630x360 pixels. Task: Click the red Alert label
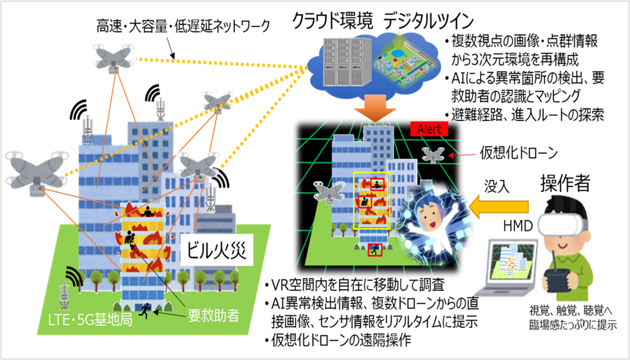430,129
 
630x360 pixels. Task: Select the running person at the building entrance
146,309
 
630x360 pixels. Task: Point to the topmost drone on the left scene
113,57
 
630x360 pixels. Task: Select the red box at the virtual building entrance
375,250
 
